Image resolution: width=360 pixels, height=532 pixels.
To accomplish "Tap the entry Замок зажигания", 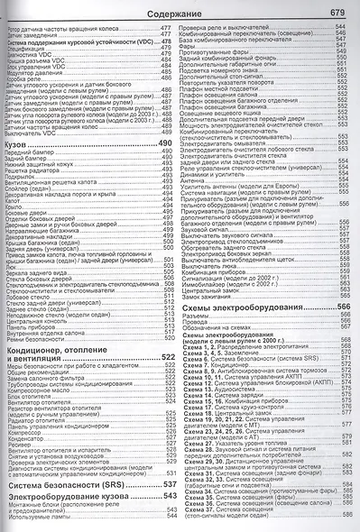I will pyautogui.click(x=209, y=296).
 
